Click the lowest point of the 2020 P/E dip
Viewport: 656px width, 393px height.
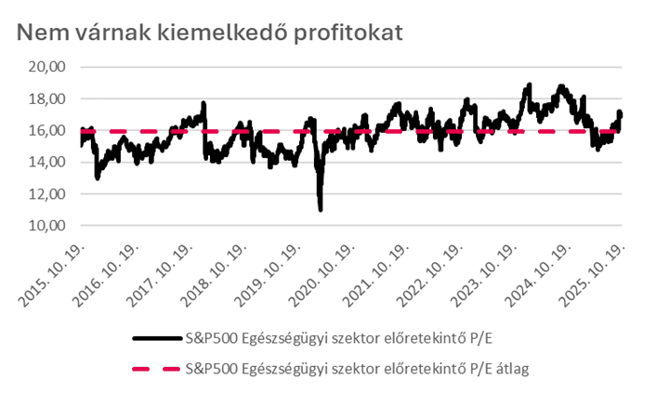click(321, 210)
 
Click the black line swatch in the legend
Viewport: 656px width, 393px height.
click(154, 339)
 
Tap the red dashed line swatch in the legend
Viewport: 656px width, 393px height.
click(154, 370)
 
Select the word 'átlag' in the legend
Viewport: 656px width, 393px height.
click(511, 370)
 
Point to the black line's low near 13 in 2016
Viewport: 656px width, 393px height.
click(98, 177)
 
